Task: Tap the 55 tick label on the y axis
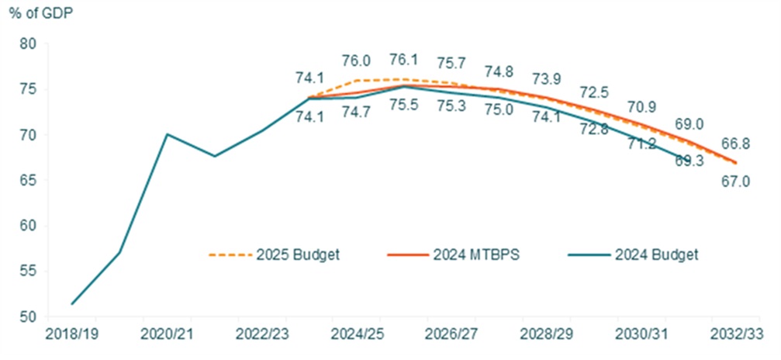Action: (x=29, y=272)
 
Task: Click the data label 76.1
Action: (x=403, y=60)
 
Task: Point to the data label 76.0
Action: (x=356, y=60)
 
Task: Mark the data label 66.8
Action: (x=735, y=144)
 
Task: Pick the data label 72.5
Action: (x=593, y=92)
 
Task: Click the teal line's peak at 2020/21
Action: (x=167, y=134)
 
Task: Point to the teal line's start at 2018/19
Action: (x=72, y=303)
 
